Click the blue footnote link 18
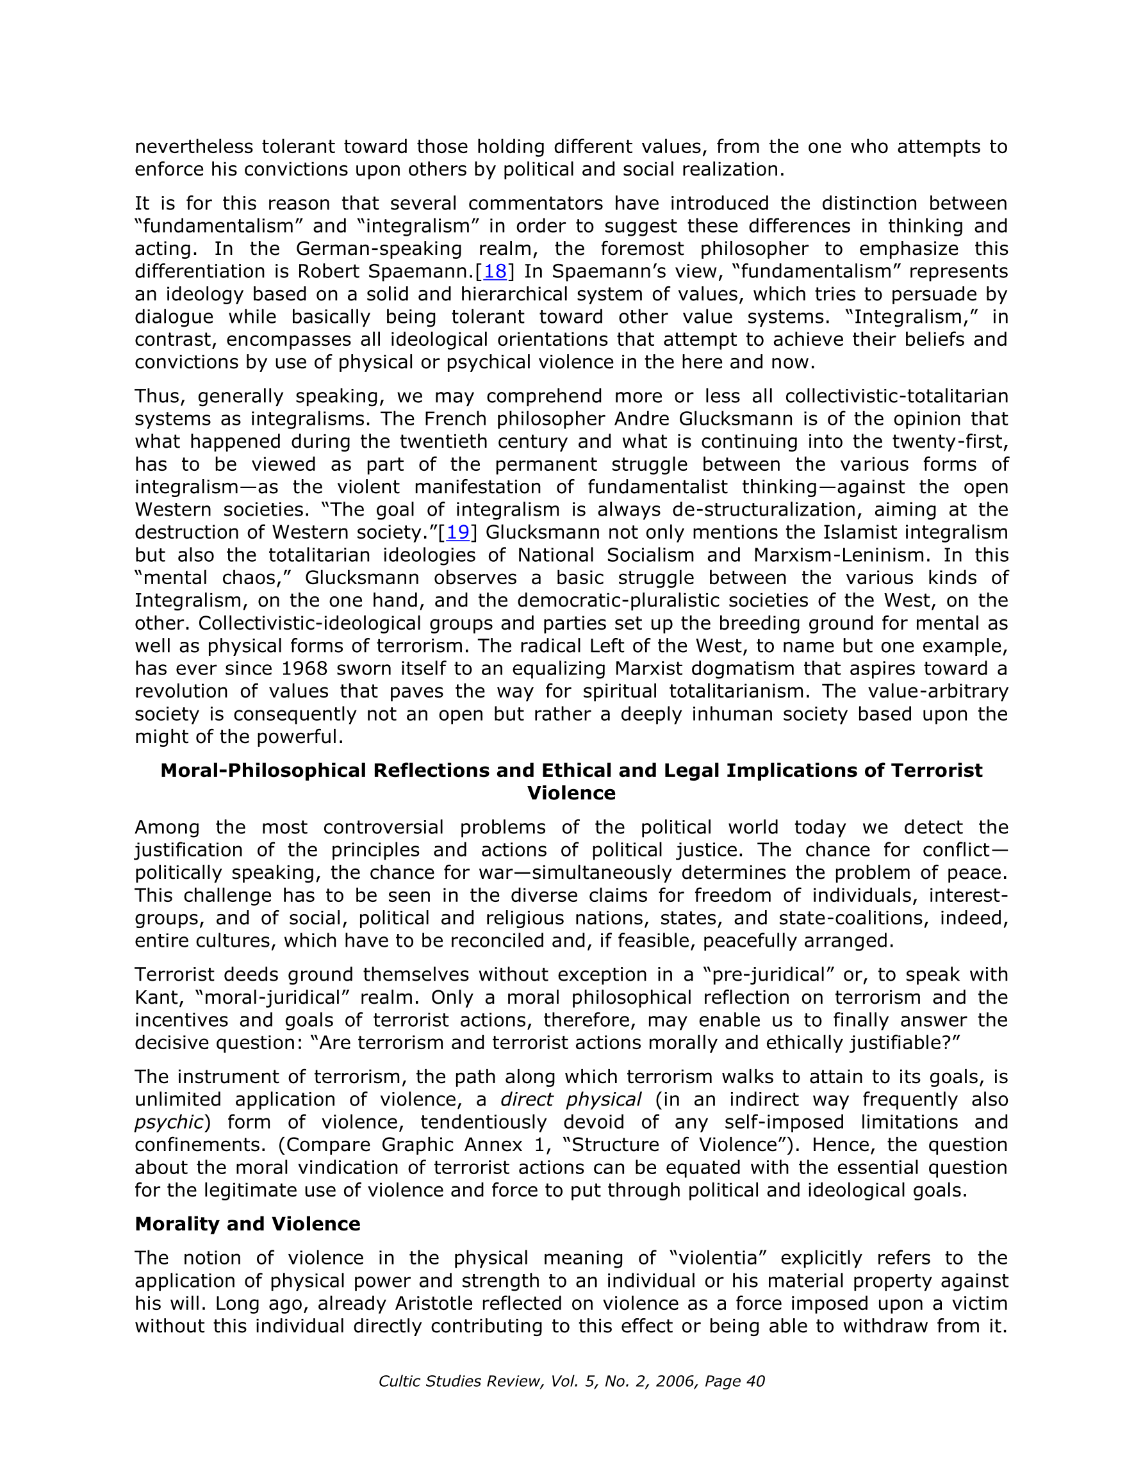point(495,272)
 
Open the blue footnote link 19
point(458,532)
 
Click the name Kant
point(158,997)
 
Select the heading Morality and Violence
point(247,1223)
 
